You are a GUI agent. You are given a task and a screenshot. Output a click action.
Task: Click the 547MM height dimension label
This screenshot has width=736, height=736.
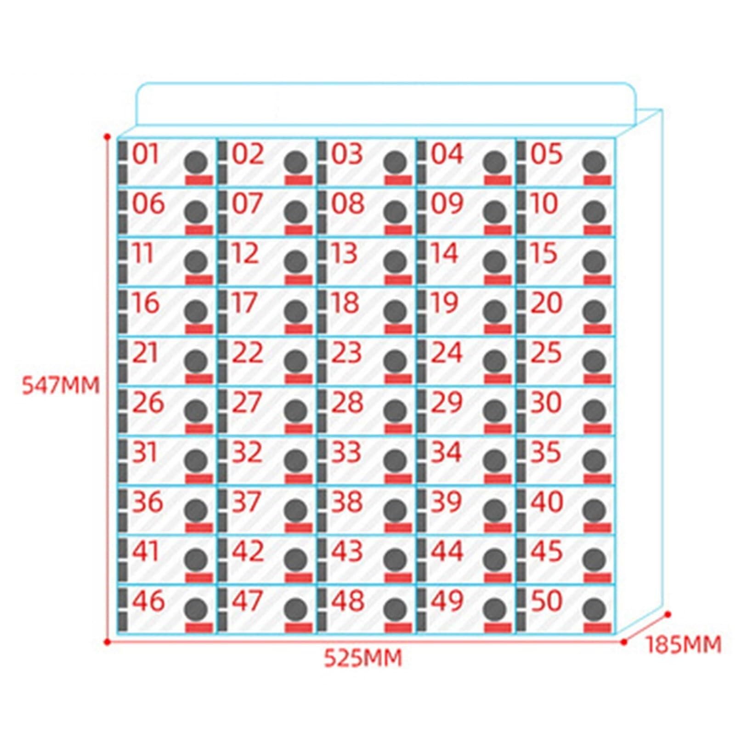click(x=61, y=385)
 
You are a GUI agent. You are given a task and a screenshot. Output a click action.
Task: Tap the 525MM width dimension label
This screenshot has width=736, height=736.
click(x=363, y=658)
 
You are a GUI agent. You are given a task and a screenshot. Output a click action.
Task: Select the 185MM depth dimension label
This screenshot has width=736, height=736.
click(x=683, y=645)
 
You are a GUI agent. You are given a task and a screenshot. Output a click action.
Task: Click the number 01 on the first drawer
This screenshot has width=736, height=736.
click(x=145, y=154)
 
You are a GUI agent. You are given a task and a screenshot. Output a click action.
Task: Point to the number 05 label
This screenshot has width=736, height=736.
click(x=546, y=154)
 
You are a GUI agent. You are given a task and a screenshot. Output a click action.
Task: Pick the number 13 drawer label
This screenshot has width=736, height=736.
click(x=345, y=253)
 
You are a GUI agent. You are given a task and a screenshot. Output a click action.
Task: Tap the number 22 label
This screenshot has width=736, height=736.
click(x=248, y=353)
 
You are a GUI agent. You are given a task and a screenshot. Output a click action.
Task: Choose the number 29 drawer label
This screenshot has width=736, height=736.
click(x=447, y=402)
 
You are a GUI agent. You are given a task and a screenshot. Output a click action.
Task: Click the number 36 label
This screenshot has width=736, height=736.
click(x=148, y=502)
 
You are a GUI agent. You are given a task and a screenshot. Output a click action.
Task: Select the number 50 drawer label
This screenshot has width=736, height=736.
click(x=546, y=600)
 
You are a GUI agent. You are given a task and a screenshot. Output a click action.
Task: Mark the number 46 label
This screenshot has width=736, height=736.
click(x=148, y=600)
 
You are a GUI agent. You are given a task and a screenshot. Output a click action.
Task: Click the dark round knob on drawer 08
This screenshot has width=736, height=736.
click(x=396, y=211)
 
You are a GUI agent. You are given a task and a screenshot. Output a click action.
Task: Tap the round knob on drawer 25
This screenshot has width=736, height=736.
click(x=595, y=361)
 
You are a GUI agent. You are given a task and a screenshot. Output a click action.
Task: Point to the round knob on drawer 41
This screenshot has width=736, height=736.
click(x=196, y=559)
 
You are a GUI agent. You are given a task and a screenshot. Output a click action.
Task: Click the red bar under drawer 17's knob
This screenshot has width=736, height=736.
click(x=299, y=328)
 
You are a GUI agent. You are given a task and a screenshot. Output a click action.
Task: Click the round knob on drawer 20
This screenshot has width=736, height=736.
click(x=595, y=311)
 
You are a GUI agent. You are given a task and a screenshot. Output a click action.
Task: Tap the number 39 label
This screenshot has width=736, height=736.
click(x=447, y=502)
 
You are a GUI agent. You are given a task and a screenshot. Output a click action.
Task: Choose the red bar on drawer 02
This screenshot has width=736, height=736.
click(x=299, y=180)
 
